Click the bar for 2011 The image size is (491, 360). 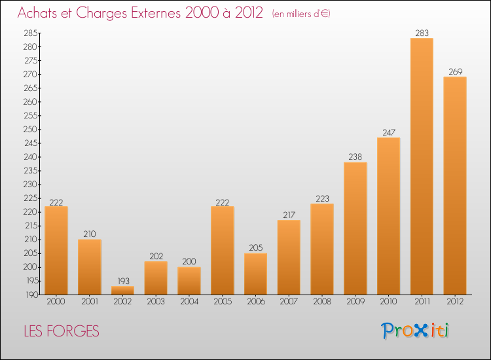pos(422,166)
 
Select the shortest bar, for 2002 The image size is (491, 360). pos(123,290)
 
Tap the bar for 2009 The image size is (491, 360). pos(355,228)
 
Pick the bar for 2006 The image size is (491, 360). pos(255,274)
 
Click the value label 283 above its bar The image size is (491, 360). pos(422,33)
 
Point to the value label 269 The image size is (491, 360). pos(455,72)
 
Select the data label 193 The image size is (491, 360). pos(123,281)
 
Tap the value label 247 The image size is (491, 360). pos(389,132)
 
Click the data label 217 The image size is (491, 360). pos(289,215)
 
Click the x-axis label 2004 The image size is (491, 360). pos(189,302)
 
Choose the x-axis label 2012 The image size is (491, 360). pos(455,302)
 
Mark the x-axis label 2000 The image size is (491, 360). pos(56,302)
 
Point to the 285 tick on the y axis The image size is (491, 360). pos(30,33)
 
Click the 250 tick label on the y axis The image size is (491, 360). pos(30,130)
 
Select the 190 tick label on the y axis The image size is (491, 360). pos(31,295)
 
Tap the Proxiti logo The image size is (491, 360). pos(415,331)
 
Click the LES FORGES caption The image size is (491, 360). pos(62,331)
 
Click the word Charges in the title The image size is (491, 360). pos(101,13)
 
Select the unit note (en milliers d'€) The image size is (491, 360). pos(301,14)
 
